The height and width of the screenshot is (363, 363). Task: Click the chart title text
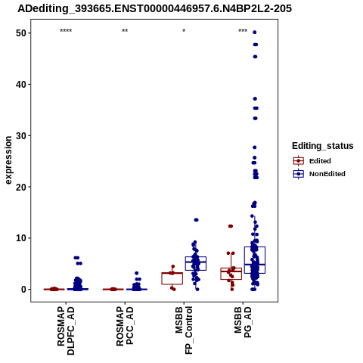click(x=154, y=8)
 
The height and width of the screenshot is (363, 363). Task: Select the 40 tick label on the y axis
click(x=20, y=84)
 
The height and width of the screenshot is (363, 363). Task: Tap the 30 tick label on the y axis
click(x=20, y=135)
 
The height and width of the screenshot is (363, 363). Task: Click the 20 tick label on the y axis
click(x=20, y=187)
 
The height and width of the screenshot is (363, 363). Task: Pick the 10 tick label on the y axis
click(x=20, y=238)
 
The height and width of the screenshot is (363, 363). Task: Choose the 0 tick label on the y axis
click(x=23, y=290)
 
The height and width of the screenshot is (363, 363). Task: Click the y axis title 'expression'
click(x=8, y=160)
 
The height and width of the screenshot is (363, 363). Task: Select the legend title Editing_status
click(x=323, y=146)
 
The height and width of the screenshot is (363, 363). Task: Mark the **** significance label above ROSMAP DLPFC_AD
click(x=66, y=31)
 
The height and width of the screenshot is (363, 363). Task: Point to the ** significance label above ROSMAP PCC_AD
click(x=125, y=31)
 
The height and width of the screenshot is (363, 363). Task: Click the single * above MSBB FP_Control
click(x=184, y=31)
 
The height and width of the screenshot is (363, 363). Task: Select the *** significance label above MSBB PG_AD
click(x=243, y=31)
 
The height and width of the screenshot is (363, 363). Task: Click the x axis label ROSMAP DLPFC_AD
click(x=66, y=330)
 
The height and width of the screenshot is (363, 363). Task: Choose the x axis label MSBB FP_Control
click(x=184, y=330)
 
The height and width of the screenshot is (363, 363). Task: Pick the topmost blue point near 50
click(x=255, y=33)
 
